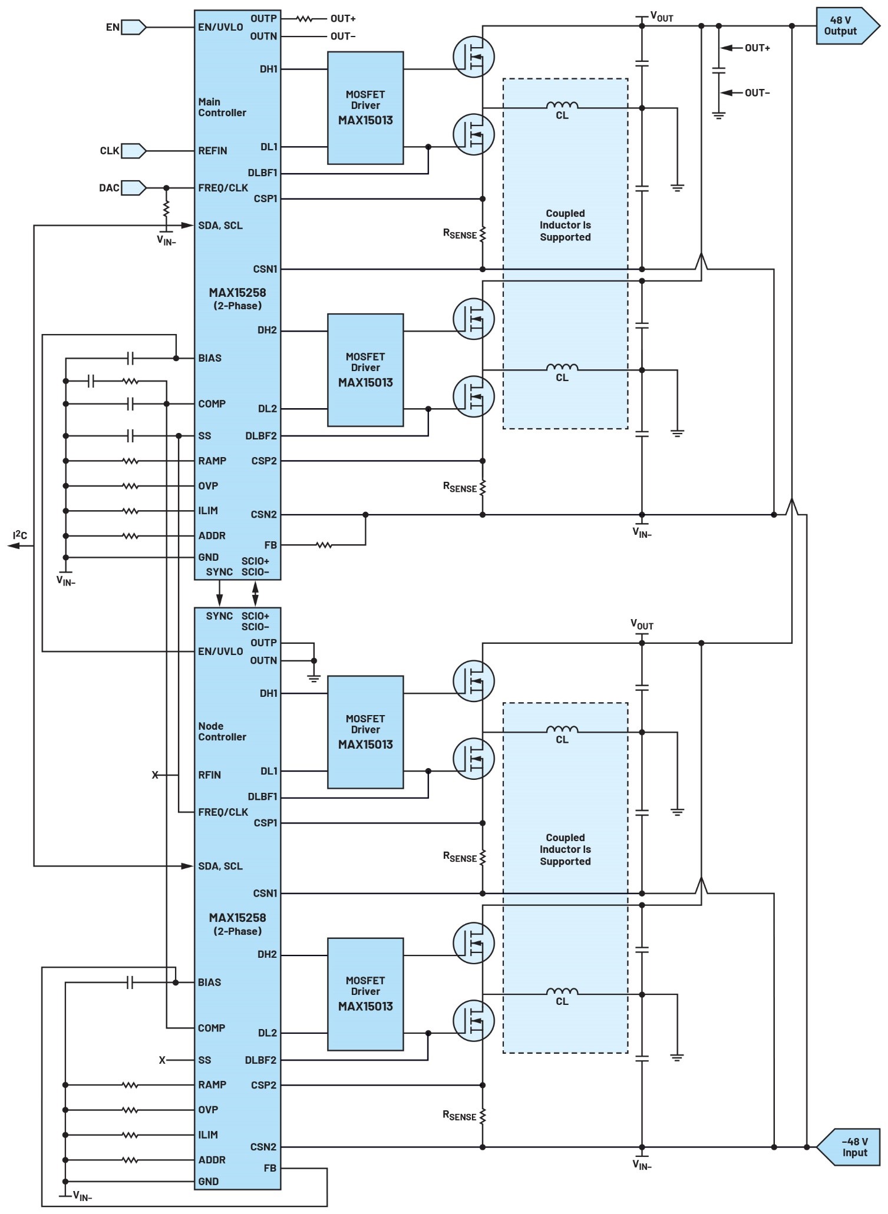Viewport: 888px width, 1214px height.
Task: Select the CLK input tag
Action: coord(133,151)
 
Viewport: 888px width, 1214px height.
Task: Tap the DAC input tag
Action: coord(133,188)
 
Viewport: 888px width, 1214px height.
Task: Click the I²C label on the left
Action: coord(21,535)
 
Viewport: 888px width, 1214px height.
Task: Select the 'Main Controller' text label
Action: coord(222,107)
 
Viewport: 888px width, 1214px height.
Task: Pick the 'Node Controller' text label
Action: coord(222,732)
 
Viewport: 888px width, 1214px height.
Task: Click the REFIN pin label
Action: coord(213,151)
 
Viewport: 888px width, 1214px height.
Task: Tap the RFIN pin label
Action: coord(210,775)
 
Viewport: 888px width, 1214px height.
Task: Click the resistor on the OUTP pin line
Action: coord(304,19)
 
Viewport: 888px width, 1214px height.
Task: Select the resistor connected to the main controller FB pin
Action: coord(324,545)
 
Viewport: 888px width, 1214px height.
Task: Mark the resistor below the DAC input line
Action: coord(166,208)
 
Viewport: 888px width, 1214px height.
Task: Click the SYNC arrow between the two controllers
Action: coord(220,593)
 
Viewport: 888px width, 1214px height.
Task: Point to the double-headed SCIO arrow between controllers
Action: coord(255,593)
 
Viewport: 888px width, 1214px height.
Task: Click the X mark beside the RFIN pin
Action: coord(155,775)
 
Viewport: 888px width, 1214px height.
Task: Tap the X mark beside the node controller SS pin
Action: coord(162,1060)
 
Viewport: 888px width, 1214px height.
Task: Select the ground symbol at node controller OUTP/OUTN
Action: coord(314,677)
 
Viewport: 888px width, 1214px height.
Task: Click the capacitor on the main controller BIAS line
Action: coord(131,358)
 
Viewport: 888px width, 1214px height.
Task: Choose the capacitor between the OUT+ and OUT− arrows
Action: coord(718,71)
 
